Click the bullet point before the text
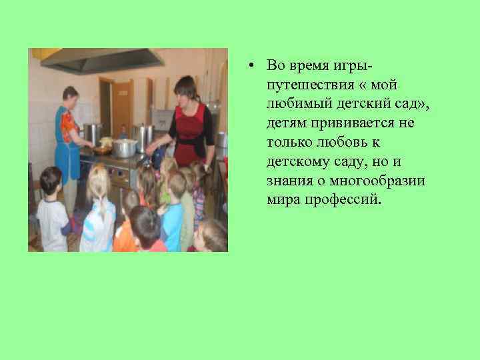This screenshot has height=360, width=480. click(247, 66)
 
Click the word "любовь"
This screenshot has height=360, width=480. click(336, 143)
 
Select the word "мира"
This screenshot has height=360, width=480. click(280, 200)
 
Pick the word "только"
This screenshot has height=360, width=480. click(287, 143)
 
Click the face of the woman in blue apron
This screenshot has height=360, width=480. click(72, 97)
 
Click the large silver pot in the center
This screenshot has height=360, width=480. click(124, 147)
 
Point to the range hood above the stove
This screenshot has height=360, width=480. click(100, 61)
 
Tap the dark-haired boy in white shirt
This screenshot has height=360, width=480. click(52, 213)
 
